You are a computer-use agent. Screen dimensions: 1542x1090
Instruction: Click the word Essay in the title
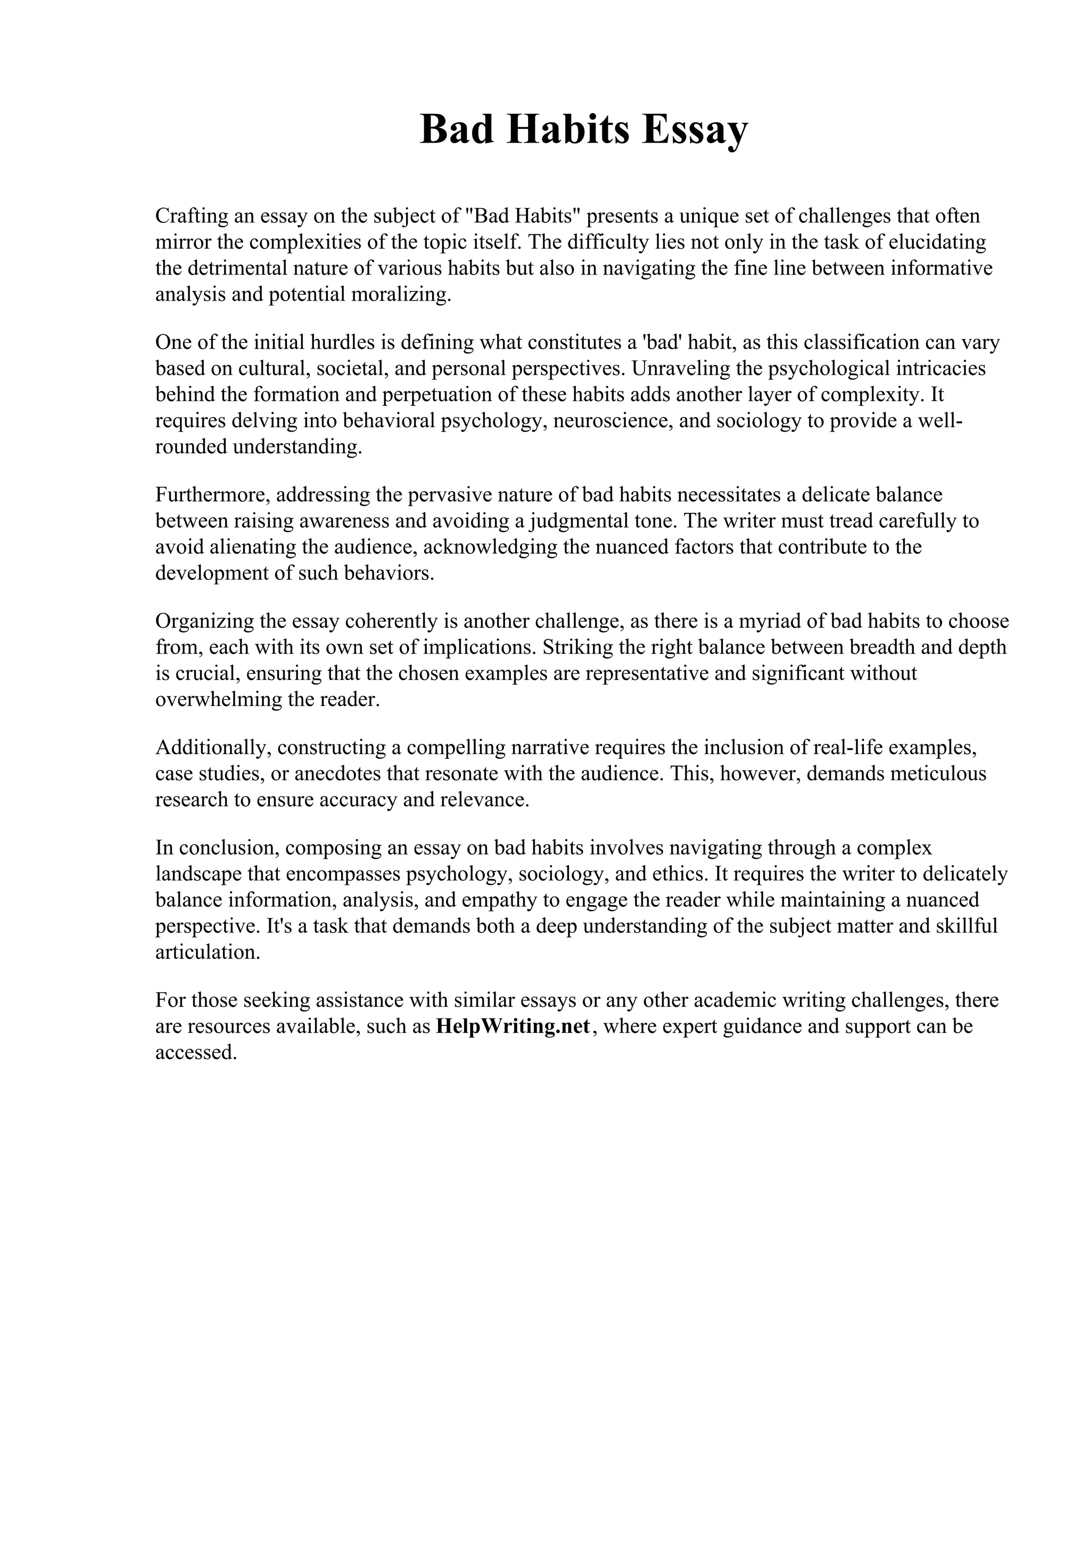click(x=694, y=130)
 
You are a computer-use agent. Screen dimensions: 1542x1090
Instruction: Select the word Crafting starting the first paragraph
click(x=192, y=216)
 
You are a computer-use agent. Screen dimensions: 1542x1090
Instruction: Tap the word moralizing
click(x=400, y=294)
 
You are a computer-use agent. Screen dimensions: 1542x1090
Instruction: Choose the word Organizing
click(x=205, y=621)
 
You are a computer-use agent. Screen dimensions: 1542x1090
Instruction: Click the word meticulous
click(x=938, y=774)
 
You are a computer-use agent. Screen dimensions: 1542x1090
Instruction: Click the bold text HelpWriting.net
click(x=513, y=1027)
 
